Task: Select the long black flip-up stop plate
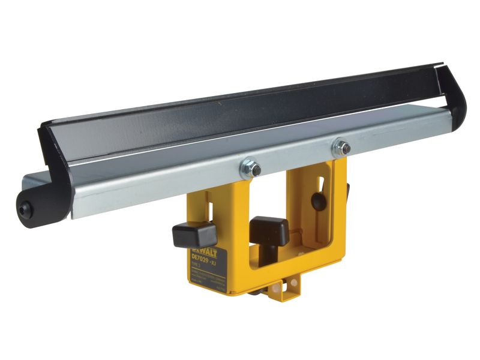point(240,120)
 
